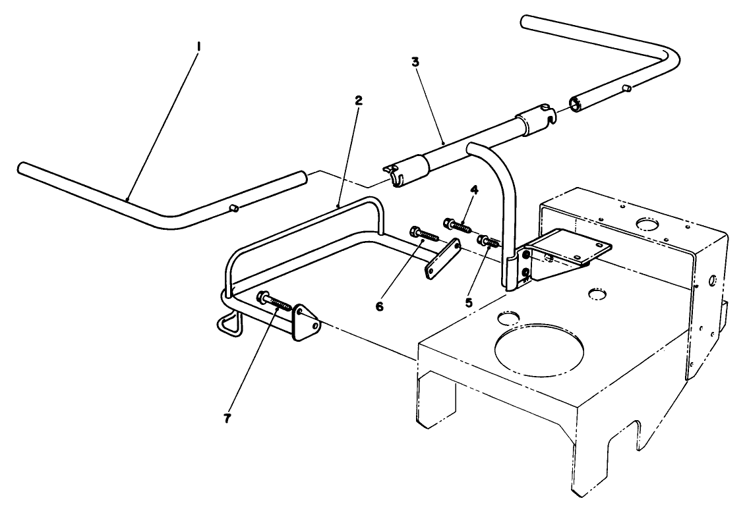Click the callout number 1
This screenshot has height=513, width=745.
coord(198,47)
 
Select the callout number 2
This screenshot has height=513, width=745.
coord(358,101)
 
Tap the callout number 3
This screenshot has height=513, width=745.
coord(415,61)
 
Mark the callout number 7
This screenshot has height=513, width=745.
coord(227,419)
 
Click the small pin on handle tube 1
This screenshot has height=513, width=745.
coord(233,208)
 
